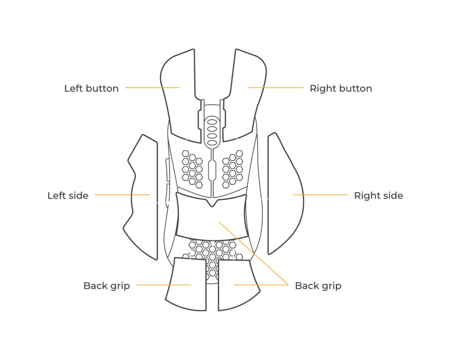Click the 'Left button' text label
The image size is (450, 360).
coord(91,89)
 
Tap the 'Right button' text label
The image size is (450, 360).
coord(341,89)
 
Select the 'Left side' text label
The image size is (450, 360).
coord(68,196)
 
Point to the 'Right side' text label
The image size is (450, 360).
coord(378,196)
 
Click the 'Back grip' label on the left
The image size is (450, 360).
coord(107,286)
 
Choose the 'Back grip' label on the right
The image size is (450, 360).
coord(318,286)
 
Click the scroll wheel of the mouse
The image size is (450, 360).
coord(212,132)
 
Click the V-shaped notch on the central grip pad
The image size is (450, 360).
coord(212,203)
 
